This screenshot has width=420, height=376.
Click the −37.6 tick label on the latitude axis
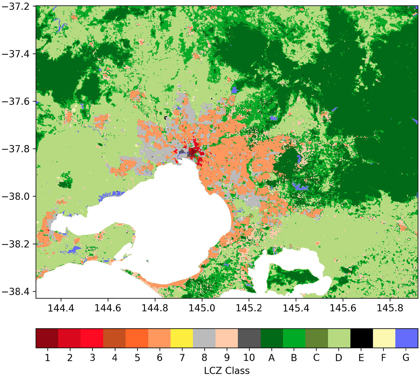tap(16, 102)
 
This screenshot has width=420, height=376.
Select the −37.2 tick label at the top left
tap(16, 7)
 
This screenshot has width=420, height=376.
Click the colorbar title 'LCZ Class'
tap(227, 370)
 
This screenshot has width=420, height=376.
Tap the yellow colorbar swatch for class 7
tap(182, 338)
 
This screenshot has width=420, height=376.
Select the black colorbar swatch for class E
tap(362, 338)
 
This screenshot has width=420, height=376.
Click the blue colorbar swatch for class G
tap(407, 338)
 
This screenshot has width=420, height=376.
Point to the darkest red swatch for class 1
tap(47, 338)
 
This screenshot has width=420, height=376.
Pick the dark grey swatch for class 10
tap(249, 338)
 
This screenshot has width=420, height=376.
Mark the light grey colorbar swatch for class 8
tap(204, 338)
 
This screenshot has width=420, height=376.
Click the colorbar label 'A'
tap(271, 358)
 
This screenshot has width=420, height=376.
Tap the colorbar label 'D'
tap(339, 358)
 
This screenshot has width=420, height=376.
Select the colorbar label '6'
tap(159, 358)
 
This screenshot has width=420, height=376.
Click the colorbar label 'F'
tap(384, 358)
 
